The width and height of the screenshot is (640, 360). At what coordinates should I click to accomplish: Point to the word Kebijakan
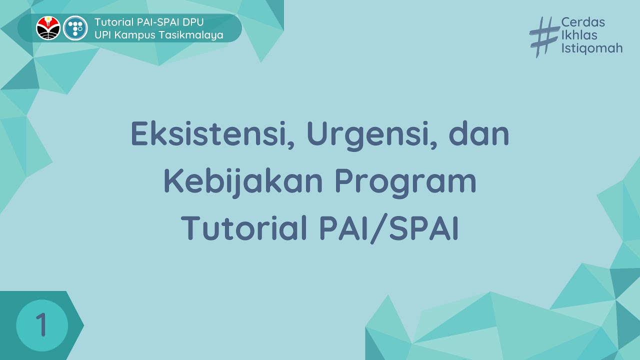coord(243,182)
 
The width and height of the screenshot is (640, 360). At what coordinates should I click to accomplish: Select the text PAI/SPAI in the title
coord(389,228)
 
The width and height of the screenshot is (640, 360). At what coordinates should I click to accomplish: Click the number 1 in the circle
coord(41,325)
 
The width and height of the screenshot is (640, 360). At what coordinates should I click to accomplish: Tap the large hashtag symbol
coord(543,36)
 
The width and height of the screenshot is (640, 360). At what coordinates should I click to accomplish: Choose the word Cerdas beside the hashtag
coord(583,22)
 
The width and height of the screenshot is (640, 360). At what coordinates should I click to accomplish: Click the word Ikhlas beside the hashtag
coord(579,35)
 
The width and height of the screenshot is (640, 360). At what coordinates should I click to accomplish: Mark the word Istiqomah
coord(592,48)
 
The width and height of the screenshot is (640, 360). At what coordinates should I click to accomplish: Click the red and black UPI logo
coord(48,28)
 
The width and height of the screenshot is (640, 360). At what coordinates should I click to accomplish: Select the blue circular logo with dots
coord(75,28)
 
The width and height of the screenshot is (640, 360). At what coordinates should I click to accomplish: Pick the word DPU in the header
coord(193,22)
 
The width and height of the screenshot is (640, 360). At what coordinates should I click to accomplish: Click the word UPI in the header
coord(102,35)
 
